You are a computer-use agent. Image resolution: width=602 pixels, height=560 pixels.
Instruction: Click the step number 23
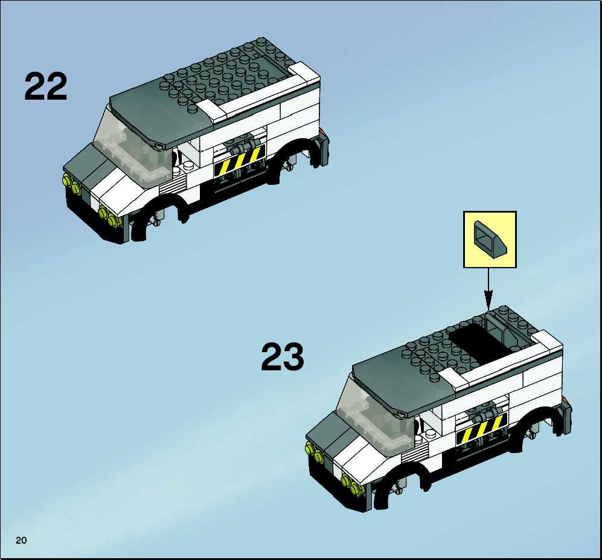pos(283,357)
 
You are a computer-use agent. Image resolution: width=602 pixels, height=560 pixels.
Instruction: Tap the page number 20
pos(21,541)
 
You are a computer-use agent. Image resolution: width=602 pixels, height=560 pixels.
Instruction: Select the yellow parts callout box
pos(490,239)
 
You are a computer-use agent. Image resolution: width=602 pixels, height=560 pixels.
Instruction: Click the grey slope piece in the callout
pos(490,238)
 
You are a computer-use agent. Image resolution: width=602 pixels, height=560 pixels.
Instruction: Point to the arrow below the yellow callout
pos(488,289)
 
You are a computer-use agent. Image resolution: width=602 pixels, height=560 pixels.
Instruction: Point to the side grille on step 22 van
pos(172,184)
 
